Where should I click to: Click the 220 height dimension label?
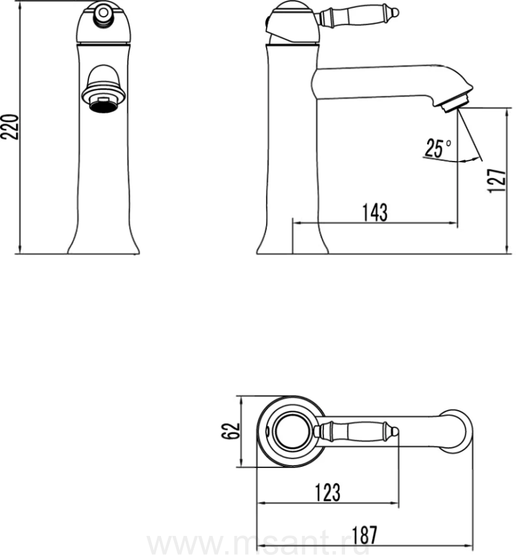coord(10,126)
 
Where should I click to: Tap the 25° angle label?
coord(438,148)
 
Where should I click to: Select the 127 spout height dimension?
coord(497,181)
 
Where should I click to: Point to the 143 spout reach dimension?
coord(375,212)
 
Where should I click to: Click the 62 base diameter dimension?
coord(231,431)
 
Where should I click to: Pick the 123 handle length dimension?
coord(328,492)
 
